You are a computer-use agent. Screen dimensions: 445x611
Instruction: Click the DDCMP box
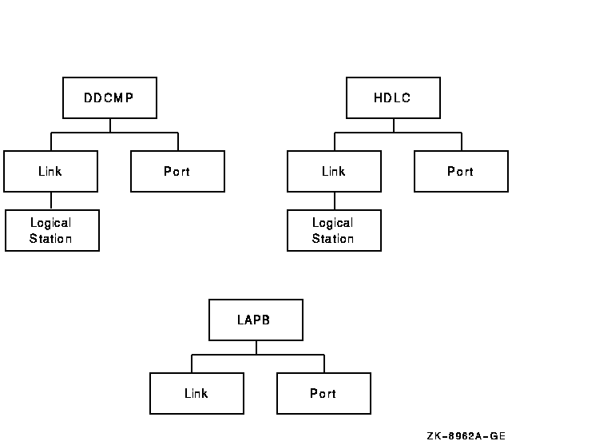109,98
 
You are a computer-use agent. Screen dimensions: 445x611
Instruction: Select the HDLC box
393,98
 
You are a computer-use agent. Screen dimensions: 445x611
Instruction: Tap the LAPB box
256,320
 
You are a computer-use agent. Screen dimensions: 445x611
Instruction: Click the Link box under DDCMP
50,172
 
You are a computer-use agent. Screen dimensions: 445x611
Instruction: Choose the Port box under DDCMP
177,172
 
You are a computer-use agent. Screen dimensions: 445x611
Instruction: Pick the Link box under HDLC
334,172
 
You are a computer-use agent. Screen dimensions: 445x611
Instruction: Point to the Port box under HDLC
461,172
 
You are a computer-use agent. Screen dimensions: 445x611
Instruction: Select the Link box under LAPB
196,393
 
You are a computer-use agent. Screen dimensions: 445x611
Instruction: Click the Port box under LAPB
323,393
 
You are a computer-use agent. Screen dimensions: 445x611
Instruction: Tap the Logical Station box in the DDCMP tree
52,231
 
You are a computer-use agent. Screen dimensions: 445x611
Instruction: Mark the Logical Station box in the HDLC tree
334,231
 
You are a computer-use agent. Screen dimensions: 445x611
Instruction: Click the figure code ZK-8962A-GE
466,435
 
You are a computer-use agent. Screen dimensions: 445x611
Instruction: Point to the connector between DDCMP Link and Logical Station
51,201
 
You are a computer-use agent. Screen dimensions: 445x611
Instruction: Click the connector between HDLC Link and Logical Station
335,201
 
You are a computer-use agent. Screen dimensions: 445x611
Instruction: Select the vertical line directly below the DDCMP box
110,125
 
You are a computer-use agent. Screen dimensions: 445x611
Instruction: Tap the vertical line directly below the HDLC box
394,125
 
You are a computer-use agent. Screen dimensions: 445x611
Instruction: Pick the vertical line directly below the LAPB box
256,348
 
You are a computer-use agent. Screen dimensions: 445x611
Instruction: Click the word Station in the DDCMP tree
51,239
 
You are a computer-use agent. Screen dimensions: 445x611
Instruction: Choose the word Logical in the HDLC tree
333,223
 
